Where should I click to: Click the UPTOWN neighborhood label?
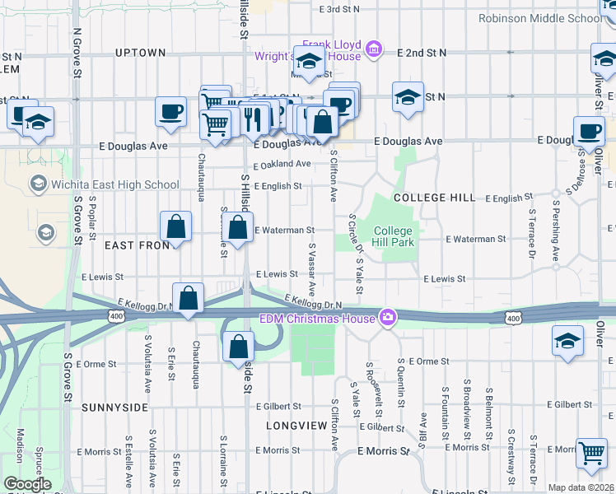[x=141, y=53]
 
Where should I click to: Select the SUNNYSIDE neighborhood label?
[x=114, y=408]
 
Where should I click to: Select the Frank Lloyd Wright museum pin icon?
[x=374, y=49]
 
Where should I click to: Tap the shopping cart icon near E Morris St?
[x=591, y=452]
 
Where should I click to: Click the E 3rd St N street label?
[x=340, y=9]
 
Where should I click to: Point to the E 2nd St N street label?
[x=421, y=53]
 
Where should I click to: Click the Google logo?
[x=27, y=484]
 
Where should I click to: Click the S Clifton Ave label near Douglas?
[x=334, y=175]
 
